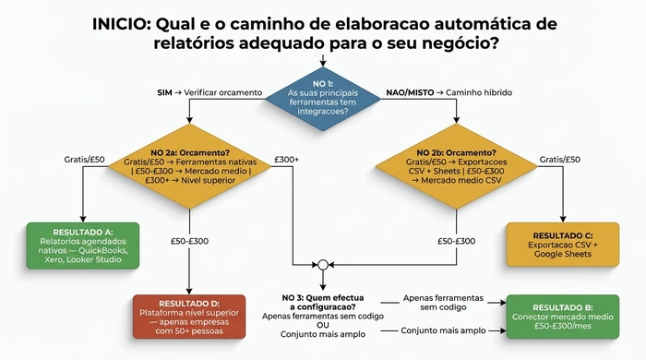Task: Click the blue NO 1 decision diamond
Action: point(323,94)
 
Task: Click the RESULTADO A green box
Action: point(83,245)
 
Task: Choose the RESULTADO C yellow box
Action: point(563,245)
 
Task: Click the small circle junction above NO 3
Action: point(323,262)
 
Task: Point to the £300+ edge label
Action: point(288,159)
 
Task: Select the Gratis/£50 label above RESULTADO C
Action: point(559,159)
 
